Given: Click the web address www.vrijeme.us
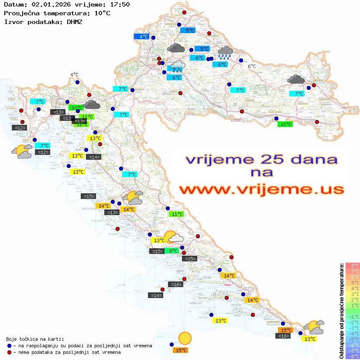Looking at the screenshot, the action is point(261,189).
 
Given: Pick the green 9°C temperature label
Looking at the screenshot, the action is point(173,251).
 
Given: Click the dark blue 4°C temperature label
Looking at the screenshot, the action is point(144,37).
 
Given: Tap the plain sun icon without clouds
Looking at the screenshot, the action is point(185,338).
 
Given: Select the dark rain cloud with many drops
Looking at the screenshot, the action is point(225,53).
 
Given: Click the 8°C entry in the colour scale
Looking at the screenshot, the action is point(352,266).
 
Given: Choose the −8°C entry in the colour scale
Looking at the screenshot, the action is point(352,356).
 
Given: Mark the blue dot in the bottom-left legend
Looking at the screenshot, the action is point(9,346).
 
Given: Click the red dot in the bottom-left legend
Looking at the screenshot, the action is point(9,352).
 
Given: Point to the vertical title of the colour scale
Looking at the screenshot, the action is point(341,311).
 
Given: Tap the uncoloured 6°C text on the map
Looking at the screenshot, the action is point(252,66).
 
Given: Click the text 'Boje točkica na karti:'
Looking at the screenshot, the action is point(35,339).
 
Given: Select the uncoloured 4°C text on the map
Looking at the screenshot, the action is point(74,75).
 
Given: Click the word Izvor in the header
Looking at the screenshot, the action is point(13,21).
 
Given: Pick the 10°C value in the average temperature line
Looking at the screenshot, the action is point(102,13).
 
